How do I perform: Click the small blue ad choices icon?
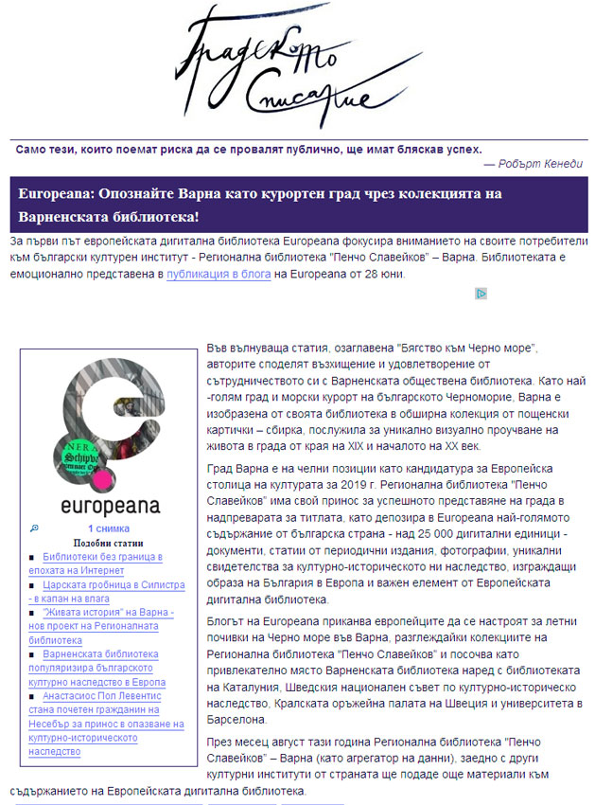481,294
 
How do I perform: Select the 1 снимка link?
109,528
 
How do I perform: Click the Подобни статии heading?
107,544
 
